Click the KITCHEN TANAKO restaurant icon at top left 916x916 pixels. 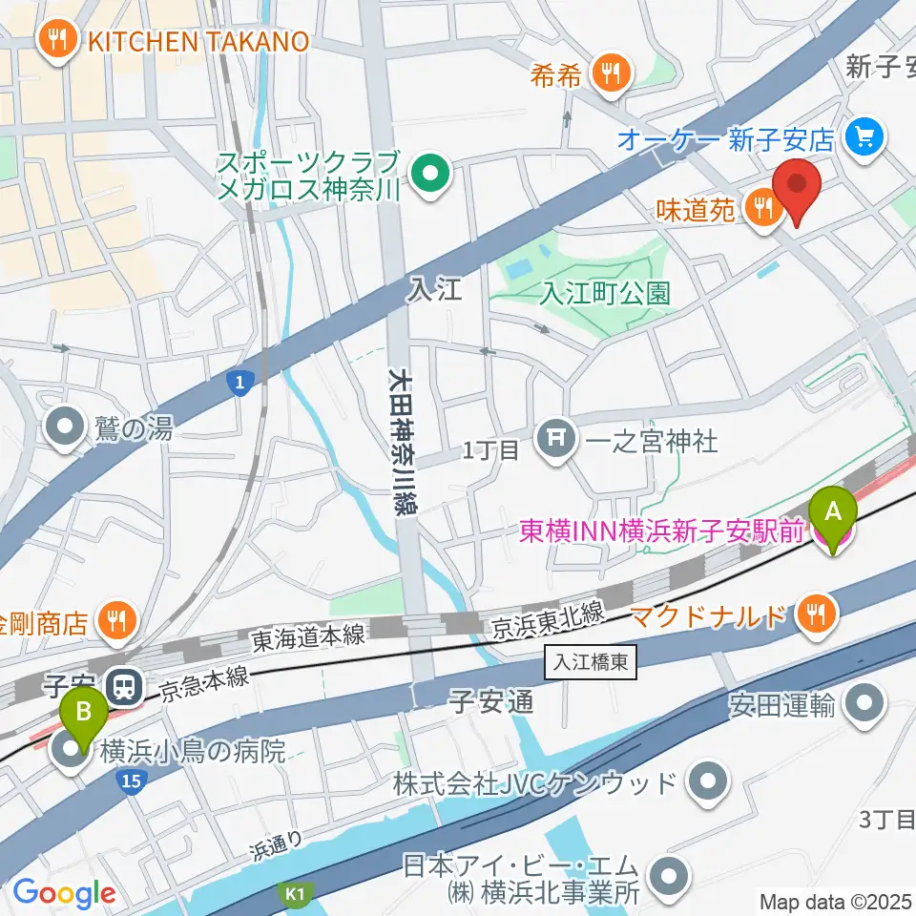click(x=57, y=40)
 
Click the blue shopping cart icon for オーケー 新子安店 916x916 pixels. click(x=864, y=139)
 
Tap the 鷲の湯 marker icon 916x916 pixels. click(x=67, y=428)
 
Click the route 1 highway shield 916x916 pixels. click(x=241, y=383)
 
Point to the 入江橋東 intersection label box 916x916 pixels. click(x=590, y=661)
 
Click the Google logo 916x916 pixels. click(x=64, y=894)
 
